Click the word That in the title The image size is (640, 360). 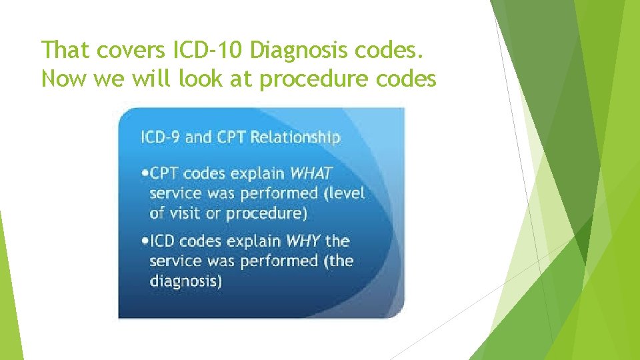65,49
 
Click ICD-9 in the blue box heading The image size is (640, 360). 159,137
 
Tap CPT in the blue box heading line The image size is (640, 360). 230,137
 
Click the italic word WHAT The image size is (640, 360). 311,173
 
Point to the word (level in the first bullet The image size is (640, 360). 344,193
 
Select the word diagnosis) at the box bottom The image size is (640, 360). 186,281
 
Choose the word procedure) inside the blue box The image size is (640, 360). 267,214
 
